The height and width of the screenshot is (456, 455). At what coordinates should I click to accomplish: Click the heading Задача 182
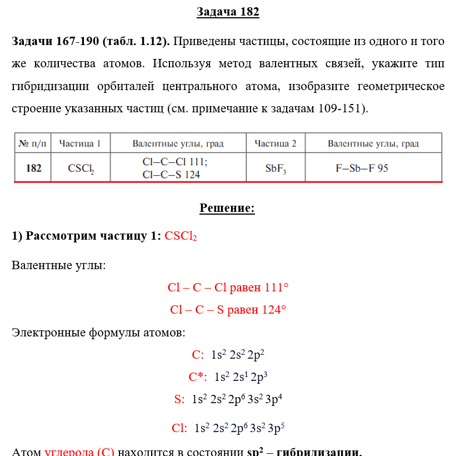tap(228, 12)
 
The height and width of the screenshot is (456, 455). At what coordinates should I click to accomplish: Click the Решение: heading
tap(227, 209)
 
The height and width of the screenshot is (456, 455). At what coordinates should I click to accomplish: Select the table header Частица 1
tap(80, 143)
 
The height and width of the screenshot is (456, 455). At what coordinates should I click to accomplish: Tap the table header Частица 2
tap(276, 143)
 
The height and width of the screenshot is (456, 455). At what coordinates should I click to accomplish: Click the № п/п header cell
tap(33, 143)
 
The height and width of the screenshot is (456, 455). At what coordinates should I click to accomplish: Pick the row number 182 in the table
tap(33, 168)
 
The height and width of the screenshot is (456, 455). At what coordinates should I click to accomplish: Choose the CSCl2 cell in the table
tap(81, 168)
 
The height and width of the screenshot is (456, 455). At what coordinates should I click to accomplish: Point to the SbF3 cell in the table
tap(276, 168)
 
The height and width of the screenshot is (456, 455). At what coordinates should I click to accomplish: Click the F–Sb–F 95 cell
tap(362, 167)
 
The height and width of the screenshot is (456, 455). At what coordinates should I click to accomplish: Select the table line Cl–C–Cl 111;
tap(175, 162)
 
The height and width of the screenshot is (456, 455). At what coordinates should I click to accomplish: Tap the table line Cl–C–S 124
tap(171, 174)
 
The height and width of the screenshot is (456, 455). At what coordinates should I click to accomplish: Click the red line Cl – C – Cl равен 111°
tap(228, 288)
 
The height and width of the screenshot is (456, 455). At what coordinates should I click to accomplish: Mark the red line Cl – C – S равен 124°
tap(228, 310)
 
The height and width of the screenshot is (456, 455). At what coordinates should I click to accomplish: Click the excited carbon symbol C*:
tap(198, 377)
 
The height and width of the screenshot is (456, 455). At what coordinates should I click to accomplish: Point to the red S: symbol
tap(179, 399)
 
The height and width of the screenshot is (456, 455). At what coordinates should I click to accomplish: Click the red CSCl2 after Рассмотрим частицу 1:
tap(181, 236)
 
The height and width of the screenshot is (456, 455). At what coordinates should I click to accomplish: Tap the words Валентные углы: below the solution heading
tap(58, 265)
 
